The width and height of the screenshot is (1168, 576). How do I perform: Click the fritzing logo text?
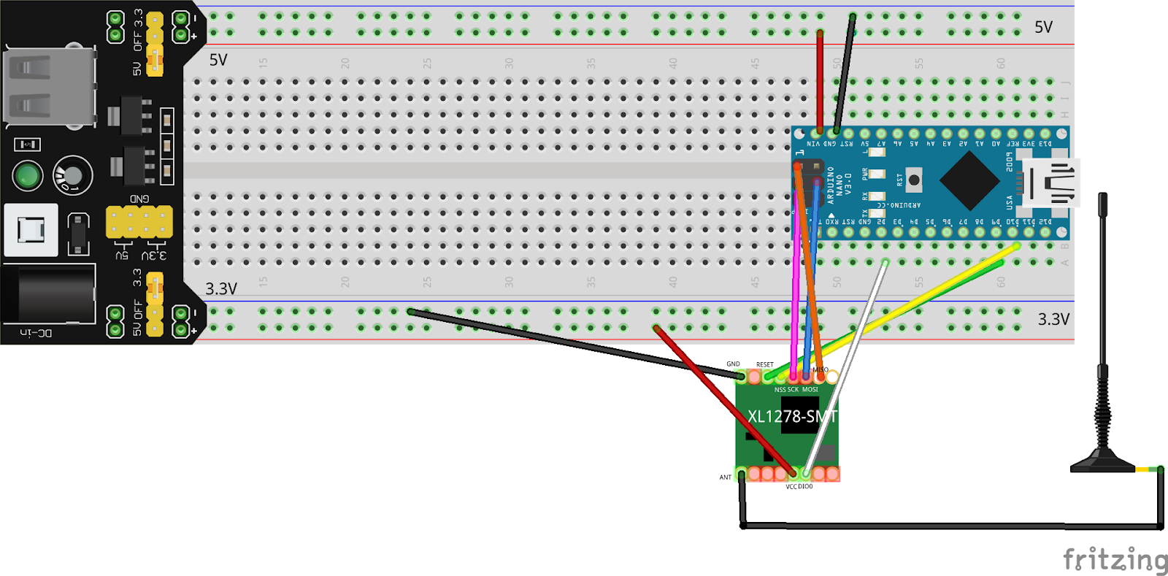coord(1115,560)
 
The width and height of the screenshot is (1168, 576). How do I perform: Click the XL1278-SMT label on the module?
coord(791,417)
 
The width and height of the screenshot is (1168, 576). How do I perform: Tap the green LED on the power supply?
coord(28,176)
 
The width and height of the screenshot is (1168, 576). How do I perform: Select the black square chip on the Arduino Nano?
coord(969,180)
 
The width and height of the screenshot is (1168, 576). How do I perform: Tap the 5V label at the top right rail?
coord(1043,28)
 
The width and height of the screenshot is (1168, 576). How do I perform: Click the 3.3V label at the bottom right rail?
coord(1053,319)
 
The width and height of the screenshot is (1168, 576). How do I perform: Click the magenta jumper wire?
coord(796,292)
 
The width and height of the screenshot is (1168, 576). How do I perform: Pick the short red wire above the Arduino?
coord(820,80)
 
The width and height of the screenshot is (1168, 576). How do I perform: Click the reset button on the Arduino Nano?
coord(913,180)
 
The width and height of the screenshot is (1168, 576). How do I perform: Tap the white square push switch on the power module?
coord(31,230)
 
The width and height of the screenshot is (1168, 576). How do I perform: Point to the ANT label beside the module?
coord(725,477)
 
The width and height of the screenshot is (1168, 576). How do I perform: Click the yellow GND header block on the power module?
coord(139,222)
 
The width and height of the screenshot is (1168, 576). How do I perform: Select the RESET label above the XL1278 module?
coord(764,364)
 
